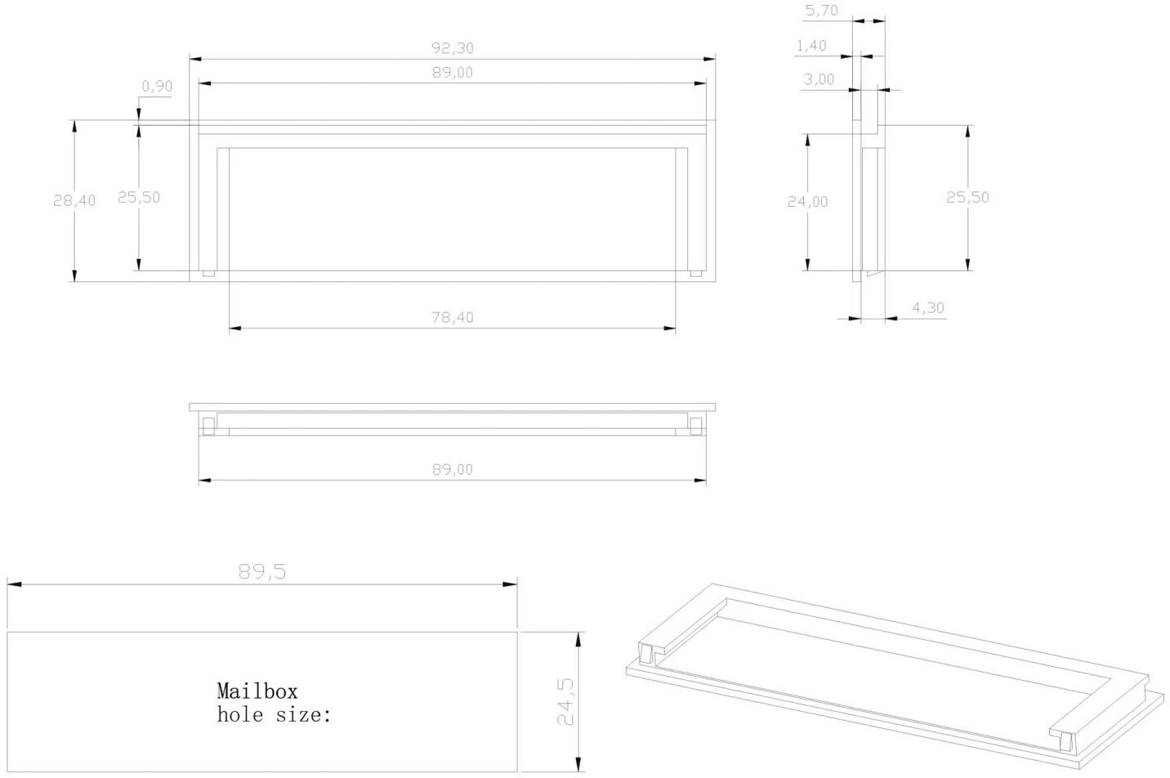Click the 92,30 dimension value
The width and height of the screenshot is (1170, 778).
[453, 48]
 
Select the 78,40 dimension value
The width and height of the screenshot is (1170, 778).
[453, 317]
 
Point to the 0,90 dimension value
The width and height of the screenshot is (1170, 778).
[157, 86]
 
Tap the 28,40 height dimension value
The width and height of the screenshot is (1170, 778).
[74, 200]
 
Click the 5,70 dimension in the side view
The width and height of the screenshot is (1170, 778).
[822, 11]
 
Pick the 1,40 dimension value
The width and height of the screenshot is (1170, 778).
[811, 46]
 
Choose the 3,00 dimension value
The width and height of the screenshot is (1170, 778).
[819, 79]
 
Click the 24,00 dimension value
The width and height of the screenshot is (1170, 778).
[807, 202]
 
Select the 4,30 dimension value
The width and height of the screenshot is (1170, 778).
[927, 308]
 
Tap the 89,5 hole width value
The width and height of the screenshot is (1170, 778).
[262, 571]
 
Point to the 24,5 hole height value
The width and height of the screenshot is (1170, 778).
[565, 702]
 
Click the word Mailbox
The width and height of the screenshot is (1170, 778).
[257, 691]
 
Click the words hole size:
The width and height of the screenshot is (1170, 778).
[274, 714]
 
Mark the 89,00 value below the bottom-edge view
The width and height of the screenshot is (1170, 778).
[453, 469]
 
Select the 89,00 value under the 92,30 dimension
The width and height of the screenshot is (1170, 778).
[453, 73]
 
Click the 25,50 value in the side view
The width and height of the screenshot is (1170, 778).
[967, 197]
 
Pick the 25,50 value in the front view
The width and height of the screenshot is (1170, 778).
[138, 197]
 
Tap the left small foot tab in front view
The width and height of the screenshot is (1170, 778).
[208, 273]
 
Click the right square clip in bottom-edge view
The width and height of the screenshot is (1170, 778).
[696, 426]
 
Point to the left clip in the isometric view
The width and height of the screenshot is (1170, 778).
[646, 655]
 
